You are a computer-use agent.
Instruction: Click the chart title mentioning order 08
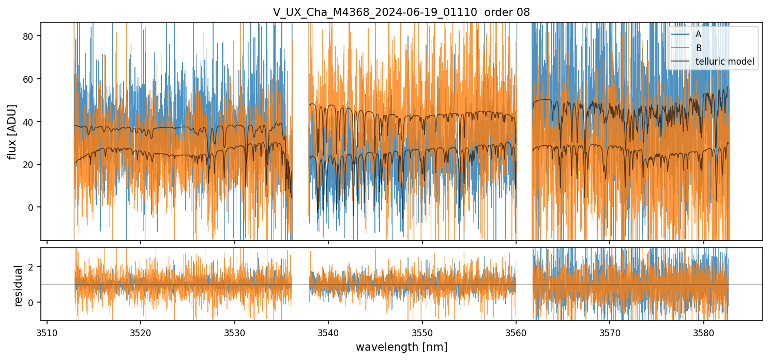401,12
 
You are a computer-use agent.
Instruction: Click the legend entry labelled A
698,34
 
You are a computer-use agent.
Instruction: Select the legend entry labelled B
698,48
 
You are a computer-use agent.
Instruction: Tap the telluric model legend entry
724,62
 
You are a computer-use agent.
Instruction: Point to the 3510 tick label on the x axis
47,332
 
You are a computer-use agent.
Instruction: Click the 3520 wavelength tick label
141,332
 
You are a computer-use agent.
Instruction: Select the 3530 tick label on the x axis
235,332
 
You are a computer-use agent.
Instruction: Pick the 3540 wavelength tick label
328,332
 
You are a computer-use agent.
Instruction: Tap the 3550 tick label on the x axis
422,332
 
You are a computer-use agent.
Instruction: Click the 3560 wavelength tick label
516,332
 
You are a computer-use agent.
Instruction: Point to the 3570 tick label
610,332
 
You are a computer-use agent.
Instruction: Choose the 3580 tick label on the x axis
704,332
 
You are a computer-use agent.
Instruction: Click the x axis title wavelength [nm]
401,347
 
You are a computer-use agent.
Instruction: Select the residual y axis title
19,286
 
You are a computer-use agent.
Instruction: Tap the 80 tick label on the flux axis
31,36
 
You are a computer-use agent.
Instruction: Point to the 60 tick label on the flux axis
31,79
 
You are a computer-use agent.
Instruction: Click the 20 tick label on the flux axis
31,164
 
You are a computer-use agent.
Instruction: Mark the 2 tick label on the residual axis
33,266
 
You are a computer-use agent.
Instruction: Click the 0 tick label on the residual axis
33,302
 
